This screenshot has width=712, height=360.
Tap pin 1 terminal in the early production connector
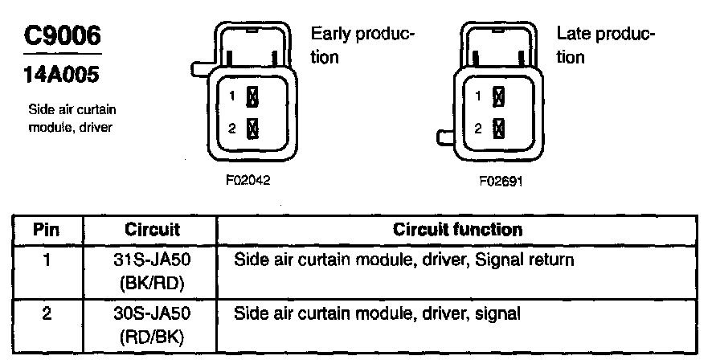[252, 97]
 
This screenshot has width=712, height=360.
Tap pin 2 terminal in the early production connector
[252, 128]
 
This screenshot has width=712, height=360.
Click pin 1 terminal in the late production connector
[498, 97]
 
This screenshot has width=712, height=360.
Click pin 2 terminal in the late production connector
[498, 128]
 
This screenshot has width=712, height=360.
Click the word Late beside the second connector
[572, 36]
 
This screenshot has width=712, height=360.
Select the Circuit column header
[152, 229]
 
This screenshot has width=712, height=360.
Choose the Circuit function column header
[457, 229]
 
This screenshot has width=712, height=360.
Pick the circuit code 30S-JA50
[152, 313]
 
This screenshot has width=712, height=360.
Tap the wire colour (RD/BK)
[152, 333]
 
